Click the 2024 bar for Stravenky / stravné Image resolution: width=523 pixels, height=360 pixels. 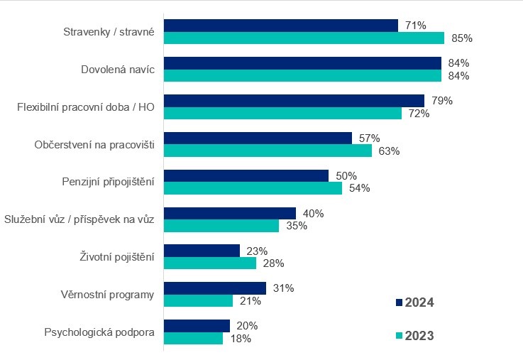[281, 26]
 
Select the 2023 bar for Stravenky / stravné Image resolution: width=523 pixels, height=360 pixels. [304, 38]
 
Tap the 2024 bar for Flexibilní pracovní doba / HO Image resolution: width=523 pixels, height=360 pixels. [294, 101]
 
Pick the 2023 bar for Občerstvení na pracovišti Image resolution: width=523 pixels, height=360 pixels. [268, 151]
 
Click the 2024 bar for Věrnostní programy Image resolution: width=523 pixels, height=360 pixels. [215, 288]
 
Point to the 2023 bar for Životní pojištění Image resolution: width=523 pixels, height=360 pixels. [210, 263]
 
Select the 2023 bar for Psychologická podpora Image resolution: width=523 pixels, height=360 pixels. [193, 339]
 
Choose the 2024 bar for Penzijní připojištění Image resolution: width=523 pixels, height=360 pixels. [246, 175]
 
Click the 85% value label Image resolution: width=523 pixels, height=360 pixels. [462, 38]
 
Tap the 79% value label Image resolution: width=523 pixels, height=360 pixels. [442, 101]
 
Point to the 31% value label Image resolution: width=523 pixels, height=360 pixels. [284, 288]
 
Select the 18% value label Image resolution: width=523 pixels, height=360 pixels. [241, 339]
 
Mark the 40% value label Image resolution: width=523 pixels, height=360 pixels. [314, 213]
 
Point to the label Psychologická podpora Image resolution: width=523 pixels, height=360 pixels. [99, 332]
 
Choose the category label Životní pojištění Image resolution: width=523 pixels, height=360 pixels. [115, 257]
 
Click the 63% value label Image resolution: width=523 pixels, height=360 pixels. [390, 151]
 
